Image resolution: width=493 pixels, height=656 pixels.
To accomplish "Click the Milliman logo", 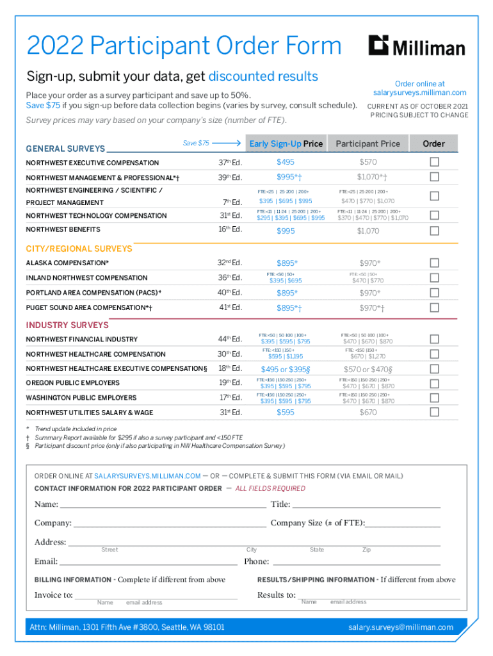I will pyautogui.click(x=416, y=45).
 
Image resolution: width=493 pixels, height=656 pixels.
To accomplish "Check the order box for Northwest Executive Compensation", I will pyautogui.click(x=434, y=162).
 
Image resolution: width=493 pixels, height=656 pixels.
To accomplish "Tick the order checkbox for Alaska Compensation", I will pyautogui.click(x=434, y=263).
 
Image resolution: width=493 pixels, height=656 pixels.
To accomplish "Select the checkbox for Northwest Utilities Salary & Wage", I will pyautogui.click(x=434, y=413).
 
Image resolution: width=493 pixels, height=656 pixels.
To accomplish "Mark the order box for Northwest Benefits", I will pyautogui.click(x=434, y=231).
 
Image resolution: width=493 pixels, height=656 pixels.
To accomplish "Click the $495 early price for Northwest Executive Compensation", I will pyautogui.click(x=286, y=162).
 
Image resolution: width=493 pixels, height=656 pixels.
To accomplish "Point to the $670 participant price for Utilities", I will pyautogui.click(x=368, y=413).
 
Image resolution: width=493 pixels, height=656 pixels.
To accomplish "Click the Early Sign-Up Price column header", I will pyautogui.click(x=286, y=143).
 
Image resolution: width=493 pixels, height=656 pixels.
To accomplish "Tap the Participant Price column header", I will pyautogui.click(x=368, y=143).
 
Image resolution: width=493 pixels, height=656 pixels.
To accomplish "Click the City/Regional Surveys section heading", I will pyautogui.click(x=79, y=249).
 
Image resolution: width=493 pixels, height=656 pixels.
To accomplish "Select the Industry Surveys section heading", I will pyautogui.click(x=67, y=325).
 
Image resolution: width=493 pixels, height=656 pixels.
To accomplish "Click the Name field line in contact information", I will pyautogui.click(x=163, y=504).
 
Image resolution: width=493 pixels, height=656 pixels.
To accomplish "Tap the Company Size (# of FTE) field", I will pyautogui.click(x=403, y=523).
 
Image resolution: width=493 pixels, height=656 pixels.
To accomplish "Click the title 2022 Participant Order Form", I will pyautogui.click(x=184, y=46).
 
